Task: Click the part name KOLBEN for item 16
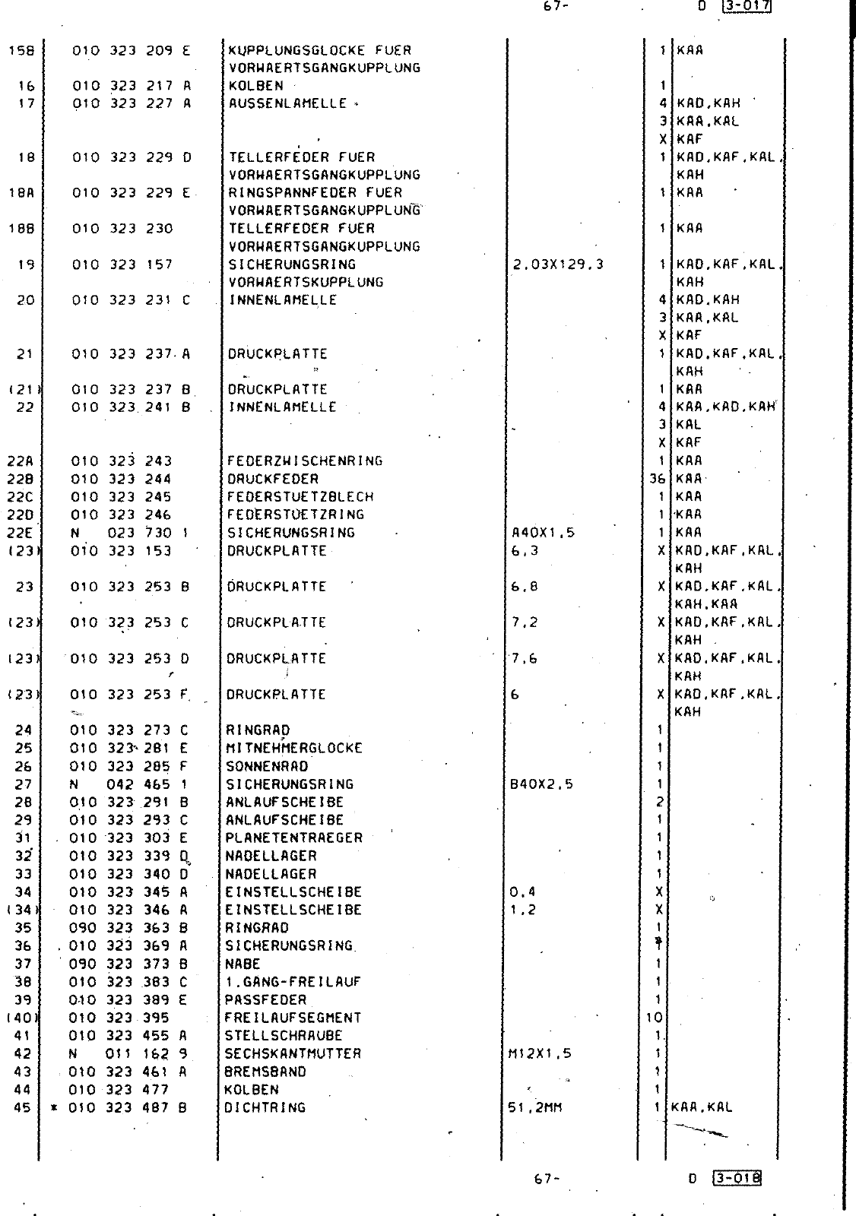255,86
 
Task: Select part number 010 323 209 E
131,51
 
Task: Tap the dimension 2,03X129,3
558,264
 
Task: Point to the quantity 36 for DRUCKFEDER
658,479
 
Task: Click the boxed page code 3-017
749,7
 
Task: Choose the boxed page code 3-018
737,1179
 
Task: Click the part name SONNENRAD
267,766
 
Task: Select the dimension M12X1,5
540,1053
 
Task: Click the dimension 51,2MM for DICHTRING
534,1107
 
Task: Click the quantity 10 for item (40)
655,1018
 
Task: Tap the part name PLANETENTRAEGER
293,838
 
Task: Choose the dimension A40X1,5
544,533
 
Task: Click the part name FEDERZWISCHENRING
304,461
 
